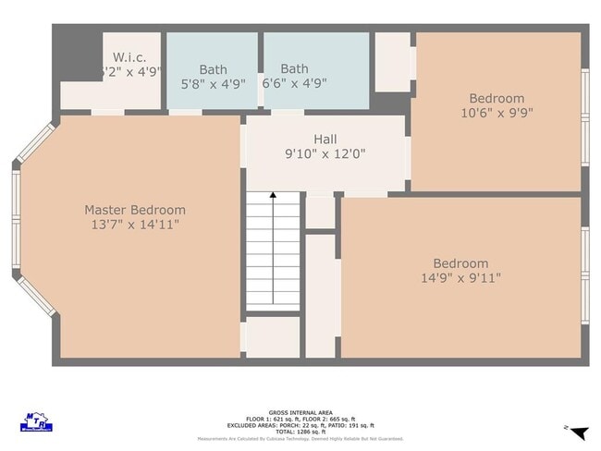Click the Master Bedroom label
135,210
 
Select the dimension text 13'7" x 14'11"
135,225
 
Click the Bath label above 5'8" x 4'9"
213,69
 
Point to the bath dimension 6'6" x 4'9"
294,83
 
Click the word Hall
325,140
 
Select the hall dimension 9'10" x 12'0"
325,154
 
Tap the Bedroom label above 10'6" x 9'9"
497,99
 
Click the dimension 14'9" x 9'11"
460,278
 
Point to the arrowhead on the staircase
273,196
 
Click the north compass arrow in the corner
578,433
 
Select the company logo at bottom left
36,422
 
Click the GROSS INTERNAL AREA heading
300,412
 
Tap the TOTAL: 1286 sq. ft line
300,432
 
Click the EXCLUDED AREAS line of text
300,425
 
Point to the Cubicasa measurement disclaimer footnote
300,439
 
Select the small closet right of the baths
392,62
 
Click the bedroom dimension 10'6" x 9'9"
497,113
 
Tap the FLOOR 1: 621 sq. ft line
300,419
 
